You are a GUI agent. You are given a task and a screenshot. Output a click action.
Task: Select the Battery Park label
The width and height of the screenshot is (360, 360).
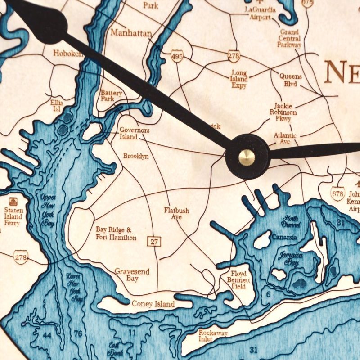click(111, 95)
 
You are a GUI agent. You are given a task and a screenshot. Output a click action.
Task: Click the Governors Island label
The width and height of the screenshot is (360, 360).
click(135, 133)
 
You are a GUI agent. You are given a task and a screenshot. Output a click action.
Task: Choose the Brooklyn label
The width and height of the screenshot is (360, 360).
click(136, 156)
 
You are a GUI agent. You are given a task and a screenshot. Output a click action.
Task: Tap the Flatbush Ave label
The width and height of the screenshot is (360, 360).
click(176, 213)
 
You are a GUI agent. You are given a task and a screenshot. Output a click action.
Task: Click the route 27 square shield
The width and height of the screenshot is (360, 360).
click(154, 242)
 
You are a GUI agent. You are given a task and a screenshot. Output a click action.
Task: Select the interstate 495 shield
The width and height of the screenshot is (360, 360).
click(177, 56)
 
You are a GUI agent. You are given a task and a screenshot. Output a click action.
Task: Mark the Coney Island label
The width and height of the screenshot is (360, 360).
click(153, 304)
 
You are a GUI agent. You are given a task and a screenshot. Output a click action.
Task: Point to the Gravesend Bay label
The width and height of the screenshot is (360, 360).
click(132, 275)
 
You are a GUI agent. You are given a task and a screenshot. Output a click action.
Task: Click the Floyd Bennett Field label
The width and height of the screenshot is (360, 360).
click(238, 279)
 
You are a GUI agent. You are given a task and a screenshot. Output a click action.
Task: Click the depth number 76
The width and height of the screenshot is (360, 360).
click(78, 333)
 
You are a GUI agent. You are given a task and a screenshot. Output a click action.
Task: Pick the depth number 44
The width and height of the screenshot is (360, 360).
click(47, 335)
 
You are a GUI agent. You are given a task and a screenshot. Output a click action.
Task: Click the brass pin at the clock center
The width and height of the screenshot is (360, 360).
click(247, 157)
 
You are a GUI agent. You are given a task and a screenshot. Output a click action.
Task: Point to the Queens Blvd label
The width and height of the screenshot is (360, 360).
click(290, 80)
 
